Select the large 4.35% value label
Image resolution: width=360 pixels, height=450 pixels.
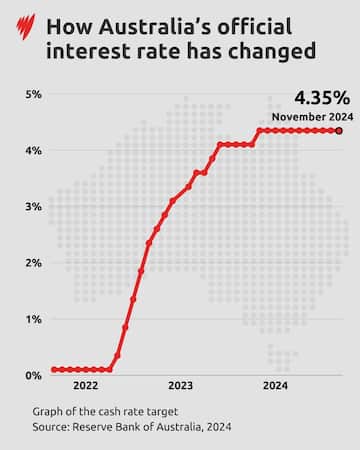(x=321, y=99)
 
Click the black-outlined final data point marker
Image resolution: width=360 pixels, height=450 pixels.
(x=339, y=130)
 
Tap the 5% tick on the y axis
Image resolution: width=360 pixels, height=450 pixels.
(x=32, y=94)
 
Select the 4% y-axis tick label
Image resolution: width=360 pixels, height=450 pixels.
(x=32, y=150)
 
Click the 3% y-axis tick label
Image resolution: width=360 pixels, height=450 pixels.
(x=32, y=206)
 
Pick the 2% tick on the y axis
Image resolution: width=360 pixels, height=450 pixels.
(x=32, y=262)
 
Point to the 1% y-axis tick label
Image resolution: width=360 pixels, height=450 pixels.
(x=32, y=318)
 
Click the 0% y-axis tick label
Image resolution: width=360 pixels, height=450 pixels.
(x=32, y=375)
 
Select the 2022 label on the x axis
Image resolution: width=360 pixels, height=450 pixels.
(x=85, y=386)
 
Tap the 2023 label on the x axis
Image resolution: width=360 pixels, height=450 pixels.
(x=180, y=386)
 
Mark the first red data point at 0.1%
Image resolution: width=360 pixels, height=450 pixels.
(x=54, y=369)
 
